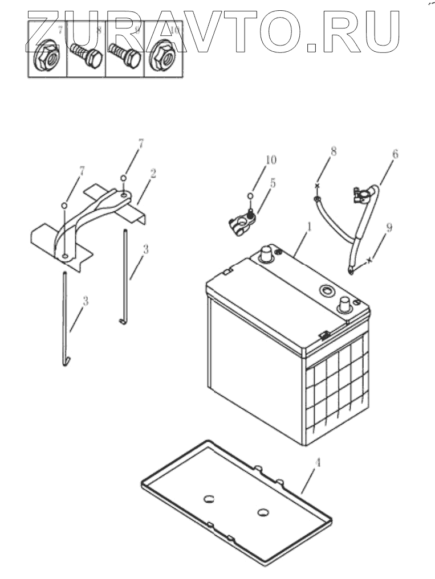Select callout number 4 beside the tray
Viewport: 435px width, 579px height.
click(x=318, y=463)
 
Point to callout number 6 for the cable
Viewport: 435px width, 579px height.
click(x=395, y=153)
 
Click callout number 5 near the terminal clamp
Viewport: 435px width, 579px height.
click(x=273, y=183)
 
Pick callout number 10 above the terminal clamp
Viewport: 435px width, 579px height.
click(x=270, y=160)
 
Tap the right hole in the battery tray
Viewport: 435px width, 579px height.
click(x=263, y=512)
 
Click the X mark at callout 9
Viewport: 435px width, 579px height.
click(x=369, y=260)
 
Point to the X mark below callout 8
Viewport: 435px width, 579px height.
click(x=318, y=186)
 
